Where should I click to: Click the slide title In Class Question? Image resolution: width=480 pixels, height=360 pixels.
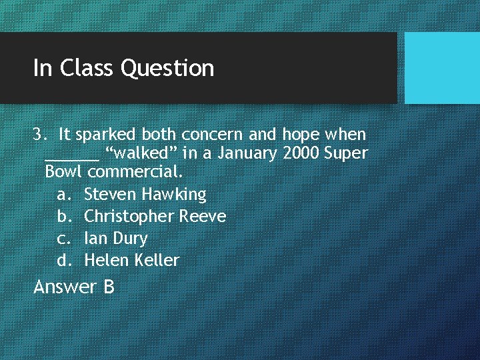click(x=123, y=68)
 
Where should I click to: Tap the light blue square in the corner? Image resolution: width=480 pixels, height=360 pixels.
click(x=442, y=67)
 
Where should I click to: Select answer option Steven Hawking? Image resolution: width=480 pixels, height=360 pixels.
click(x=145, y=194)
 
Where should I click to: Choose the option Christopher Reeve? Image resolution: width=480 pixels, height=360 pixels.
click(x=155, y=216)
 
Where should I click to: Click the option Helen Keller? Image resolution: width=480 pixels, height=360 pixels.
click(x=132, y=260)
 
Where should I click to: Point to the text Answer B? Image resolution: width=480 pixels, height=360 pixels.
click(x=74, y=287)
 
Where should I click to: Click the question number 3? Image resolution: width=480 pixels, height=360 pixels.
click(x=38, y=134)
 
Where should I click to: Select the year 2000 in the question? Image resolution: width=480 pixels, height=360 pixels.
click(x=301, y=153)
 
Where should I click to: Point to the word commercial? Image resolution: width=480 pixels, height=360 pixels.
click(x=135, y=171)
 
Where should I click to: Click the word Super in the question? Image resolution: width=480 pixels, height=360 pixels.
click(x=346, y=154)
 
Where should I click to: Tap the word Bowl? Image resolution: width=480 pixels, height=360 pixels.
click(x=63, y=171)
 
